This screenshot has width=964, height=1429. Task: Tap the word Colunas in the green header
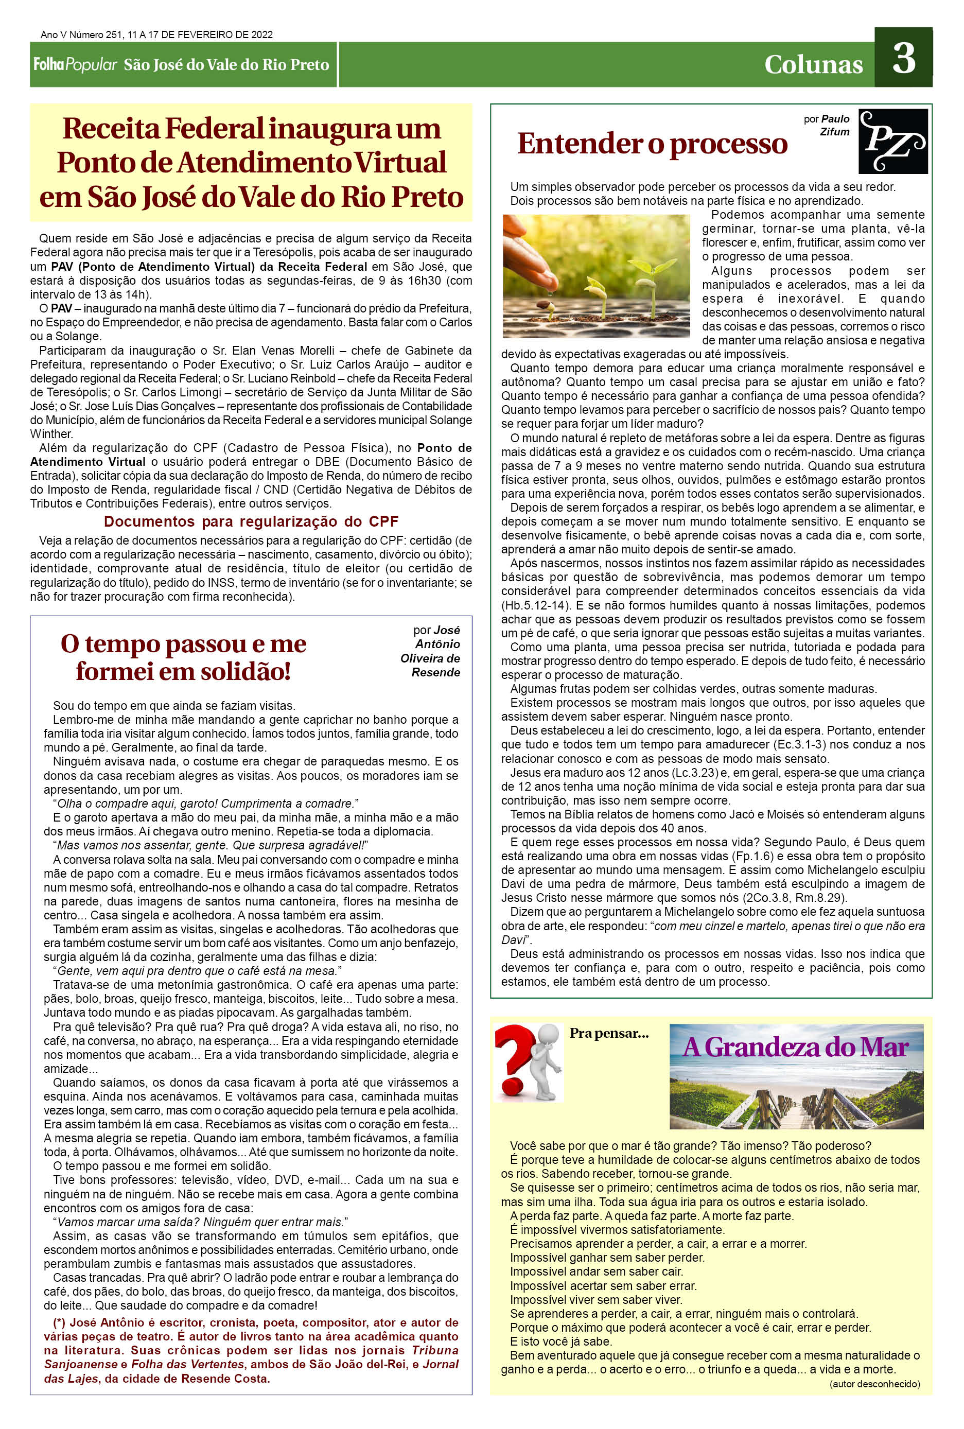coord(813,64)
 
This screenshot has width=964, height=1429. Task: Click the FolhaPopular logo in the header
coord(75,64)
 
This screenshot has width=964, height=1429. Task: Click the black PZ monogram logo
coord(892,141)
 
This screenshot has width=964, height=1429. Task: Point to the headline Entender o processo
coord(652,143)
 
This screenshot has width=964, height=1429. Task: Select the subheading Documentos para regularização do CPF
coord(251,521)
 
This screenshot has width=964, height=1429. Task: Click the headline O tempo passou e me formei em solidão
coord(183,657)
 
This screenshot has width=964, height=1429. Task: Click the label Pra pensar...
coord(609,1033)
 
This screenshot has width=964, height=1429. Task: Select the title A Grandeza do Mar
coord(796,1047)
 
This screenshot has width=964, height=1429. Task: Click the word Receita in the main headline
coord(111,129)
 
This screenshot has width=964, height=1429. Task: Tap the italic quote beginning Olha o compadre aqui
coord(205,804)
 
